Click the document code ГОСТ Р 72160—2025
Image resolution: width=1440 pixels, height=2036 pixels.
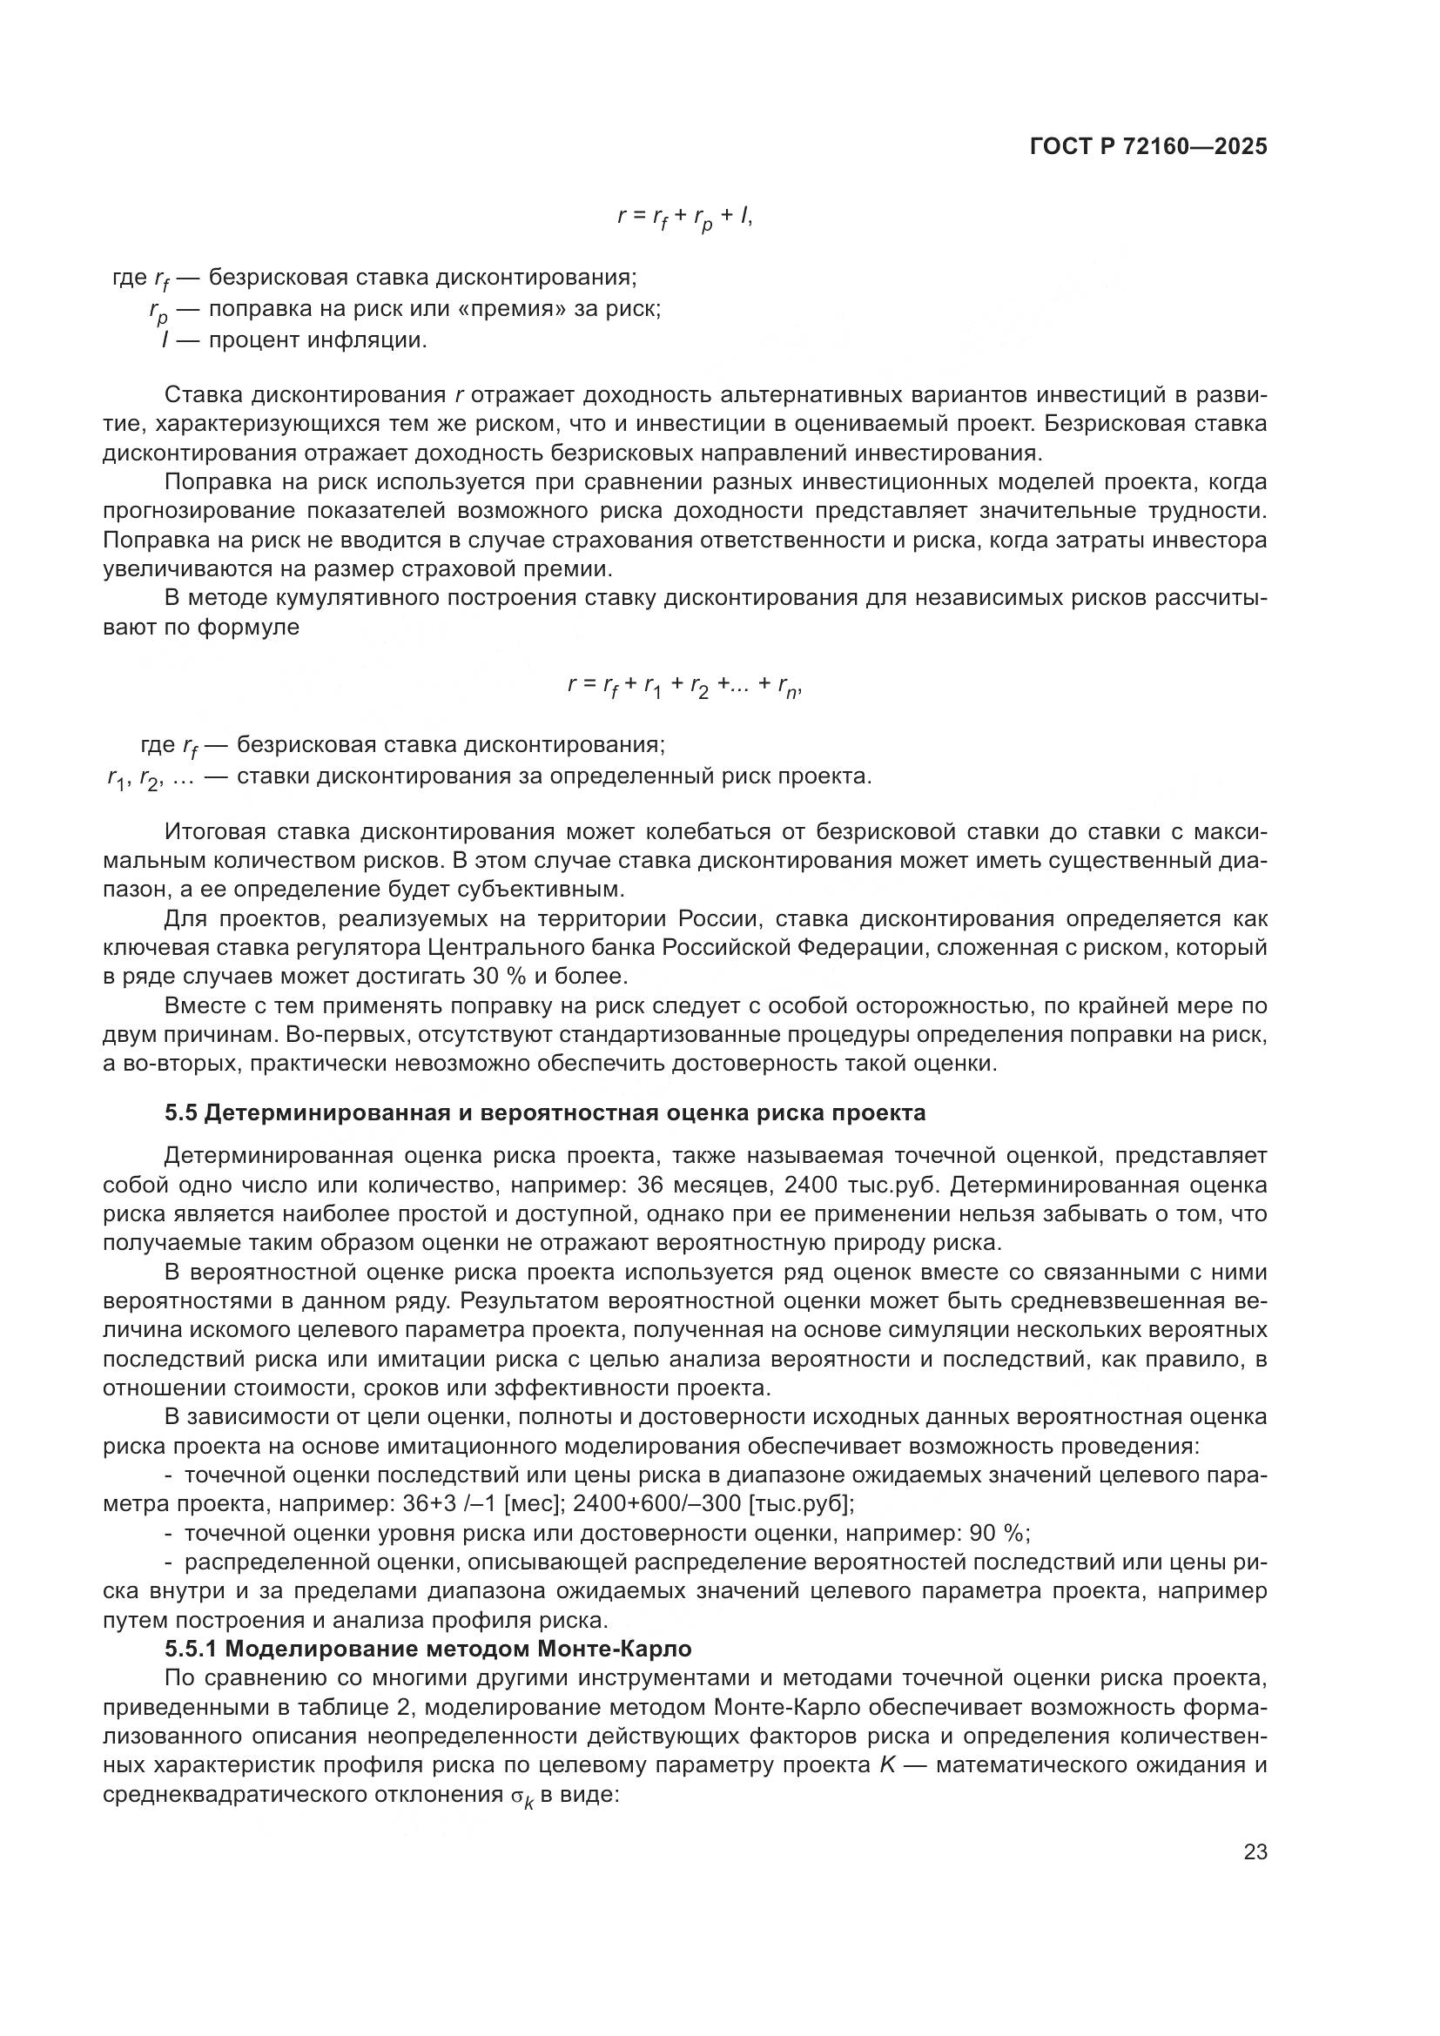[x=1148, y=146]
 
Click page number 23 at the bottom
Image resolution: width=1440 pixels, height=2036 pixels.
[x=1255, y=1852]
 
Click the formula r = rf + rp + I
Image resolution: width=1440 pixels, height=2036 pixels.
[x=684, y=217]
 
